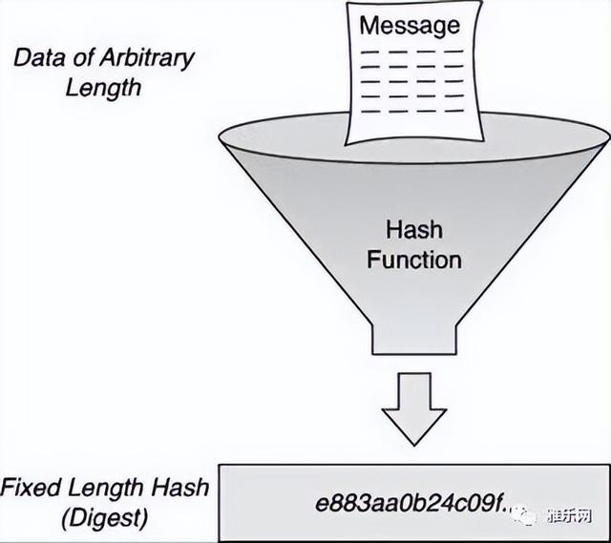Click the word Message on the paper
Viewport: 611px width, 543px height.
[410, 26]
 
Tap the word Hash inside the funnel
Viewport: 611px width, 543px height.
[414, 230]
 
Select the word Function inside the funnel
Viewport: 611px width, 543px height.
[414, 260]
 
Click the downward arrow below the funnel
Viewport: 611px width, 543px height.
[413, 409]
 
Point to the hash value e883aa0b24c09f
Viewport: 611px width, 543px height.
[412, 505]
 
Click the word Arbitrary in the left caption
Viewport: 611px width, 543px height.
[146, 59]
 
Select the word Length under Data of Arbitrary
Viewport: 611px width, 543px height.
[103, 89]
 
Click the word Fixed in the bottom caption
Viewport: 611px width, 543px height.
[31, 488]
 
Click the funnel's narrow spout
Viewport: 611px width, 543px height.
[414, 339]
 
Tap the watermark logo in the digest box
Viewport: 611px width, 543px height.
[525, 515]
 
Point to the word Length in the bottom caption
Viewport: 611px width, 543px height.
[106, 489]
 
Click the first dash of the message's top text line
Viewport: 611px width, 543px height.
[369, 52]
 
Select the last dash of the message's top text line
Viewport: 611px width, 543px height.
[454, 52]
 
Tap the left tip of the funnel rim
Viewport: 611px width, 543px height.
[219, 137]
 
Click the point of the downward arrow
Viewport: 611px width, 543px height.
[414, 446]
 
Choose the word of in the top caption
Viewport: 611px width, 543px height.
[82, 57]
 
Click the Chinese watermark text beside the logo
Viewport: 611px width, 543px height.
[569, 516]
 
